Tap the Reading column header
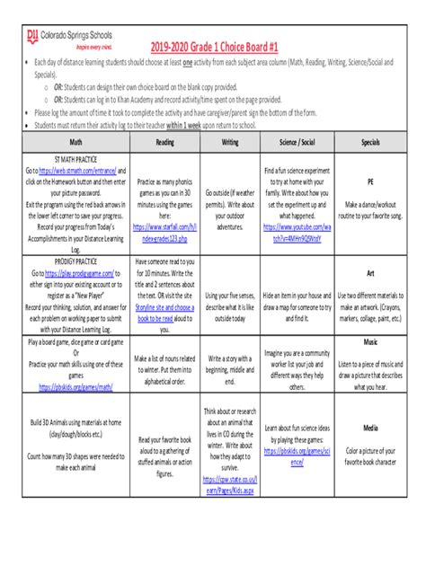pyautogui.click(x=165, y=142)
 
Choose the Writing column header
pyautogui.click(x=231, y=142)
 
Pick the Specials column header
pyautogui.click(x=369, y=142)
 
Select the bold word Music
pyautogui.click(x=369, y=342)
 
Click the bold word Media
pyautogui.click(x=369, y=428)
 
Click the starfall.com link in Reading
pyautogui.click(x=165, y=233)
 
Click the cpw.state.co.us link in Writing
pyautogui.click(x=231, y=486)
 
